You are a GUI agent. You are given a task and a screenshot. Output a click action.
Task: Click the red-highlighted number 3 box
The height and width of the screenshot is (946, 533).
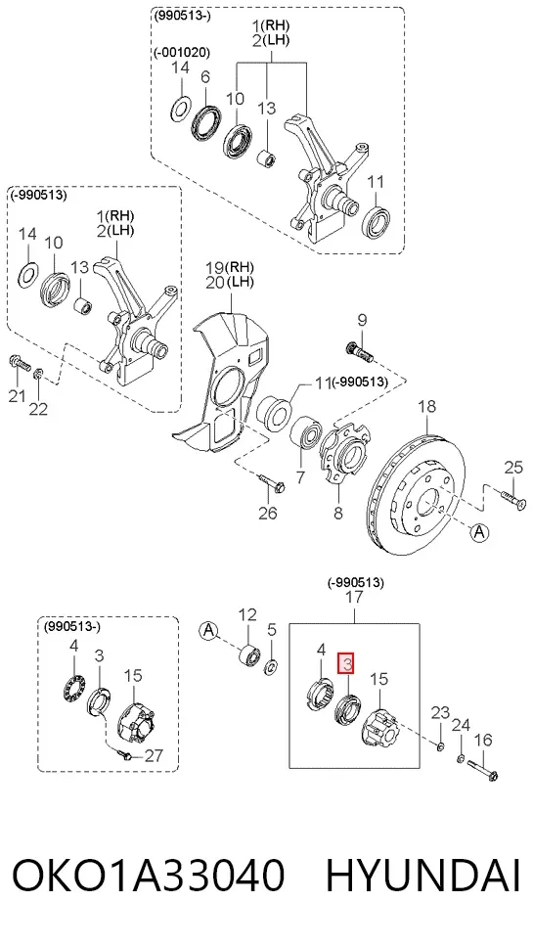346,664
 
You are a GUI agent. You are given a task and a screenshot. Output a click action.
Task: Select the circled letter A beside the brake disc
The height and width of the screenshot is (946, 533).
479,532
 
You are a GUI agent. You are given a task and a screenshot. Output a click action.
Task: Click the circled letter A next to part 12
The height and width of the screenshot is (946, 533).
208,630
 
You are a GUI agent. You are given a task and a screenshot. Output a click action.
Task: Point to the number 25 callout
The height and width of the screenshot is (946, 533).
513,467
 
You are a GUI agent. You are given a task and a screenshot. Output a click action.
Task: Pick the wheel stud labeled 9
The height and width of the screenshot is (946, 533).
359,353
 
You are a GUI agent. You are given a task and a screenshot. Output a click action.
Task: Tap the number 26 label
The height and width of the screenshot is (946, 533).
268,513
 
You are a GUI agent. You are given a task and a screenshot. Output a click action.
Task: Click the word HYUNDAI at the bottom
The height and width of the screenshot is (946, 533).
423,876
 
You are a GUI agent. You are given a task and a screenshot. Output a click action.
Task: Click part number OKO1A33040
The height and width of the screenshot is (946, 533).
149,876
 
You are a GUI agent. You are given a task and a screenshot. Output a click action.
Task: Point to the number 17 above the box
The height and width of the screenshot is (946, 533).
355,598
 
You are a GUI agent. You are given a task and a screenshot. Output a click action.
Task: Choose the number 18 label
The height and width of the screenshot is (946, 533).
426,406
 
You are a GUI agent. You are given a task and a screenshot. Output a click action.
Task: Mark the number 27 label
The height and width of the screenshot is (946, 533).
155,755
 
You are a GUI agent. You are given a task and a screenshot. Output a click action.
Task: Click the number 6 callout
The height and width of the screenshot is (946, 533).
205,77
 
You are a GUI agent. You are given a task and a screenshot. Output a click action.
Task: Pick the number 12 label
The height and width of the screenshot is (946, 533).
247,614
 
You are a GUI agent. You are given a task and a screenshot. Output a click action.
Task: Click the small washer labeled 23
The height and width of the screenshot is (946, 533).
440,748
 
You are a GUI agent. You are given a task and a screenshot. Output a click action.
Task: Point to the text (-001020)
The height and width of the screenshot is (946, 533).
181,53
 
